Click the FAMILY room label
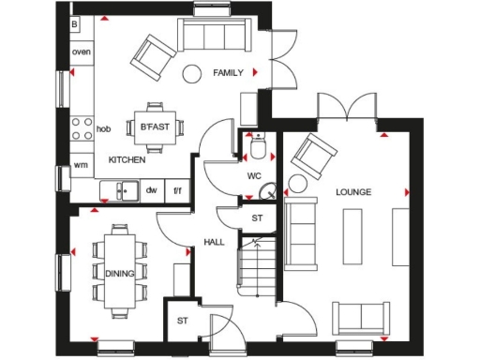pos(228,72)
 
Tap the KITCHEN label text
pos(127,160)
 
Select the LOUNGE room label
pos(354,191)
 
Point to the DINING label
pos(120,273)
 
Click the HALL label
pos(214,242)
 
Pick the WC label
pos(253,175)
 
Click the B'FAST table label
pos(151,127)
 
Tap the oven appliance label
pos(82,52)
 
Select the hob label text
pos(104,127)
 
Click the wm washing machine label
pos(81,166)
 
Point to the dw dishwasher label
pos(150,190)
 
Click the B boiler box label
pos(75,22)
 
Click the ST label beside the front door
pos(181,321)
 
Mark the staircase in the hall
pos(257,268)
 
